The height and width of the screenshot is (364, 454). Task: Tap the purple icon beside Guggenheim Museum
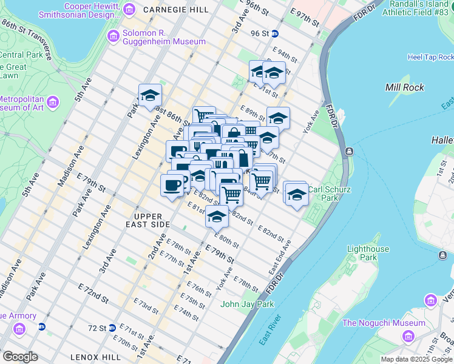click(x=113, y=36)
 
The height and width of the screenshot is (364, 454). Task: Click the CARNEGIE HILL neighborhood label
click(x=176, y=10)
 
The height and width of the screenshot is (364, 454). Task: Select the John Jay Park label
click(x=248, y=304)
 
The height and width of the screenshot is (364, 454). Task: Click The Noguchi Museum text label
click(x=384, y=323)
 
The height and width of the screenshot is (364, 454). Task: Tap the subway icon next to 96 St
click(x=274, y=34)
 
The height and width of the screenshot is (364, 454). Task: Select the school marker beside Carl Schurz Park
click(x=296, y=194)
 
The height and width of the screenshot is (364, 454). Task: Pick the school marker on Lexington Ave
click(x=150, y=95)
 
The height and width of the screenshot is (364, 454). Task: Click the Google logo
click(x=20, y=357)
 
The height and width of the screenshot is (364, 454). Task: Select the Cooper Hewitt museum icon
click(x=129, y=9)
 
